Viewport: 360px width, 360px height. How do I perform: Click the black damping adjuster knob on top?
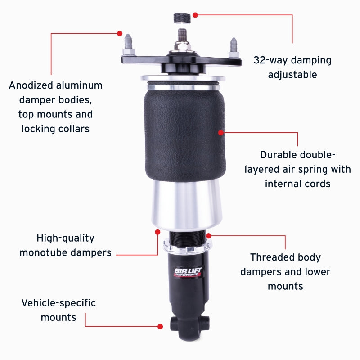click(x=181, y=18)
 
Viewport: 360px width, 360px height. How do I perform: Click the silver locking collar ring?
click(x=187, y=246)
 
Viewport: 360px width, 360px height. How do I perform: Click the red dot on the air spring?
click(x=221, y=132)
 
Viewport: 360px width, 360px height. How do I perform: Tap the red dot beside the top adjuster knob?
click(x=195, y=15)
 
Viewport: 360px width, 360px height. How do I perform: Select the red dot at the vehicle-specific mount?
click(x=160, y=326)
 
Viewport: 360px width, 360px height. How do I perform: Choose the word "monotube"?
click(x=44, y=252)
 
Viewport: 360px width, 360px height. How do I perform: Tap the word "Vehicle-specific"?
click(x=58, y=303)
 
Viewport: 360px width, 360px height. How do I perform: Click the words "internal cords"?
click(x=297, y=184)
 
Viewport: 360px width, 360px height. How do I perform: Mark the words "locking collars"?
click(x=55, y=129)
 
